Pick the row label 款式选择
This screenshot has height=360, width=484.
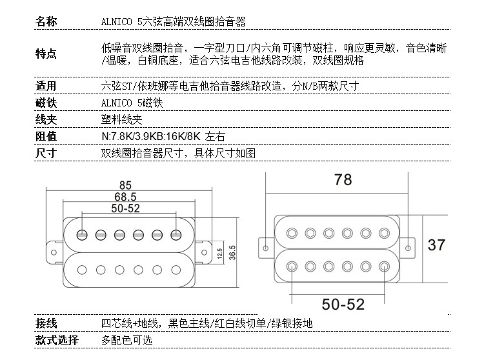coord(56,340)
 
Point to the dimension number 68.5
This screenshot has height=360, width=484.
coord(125,196)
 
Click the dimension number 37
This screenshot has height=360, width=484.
coord(436,245)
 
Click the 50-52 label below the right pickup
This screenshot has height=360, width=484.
coord(343,304)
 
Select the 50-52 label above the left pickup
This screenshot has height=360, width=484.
coord(125,208)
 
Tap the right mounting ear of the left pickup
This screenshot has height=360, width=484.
coord(205,246)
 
